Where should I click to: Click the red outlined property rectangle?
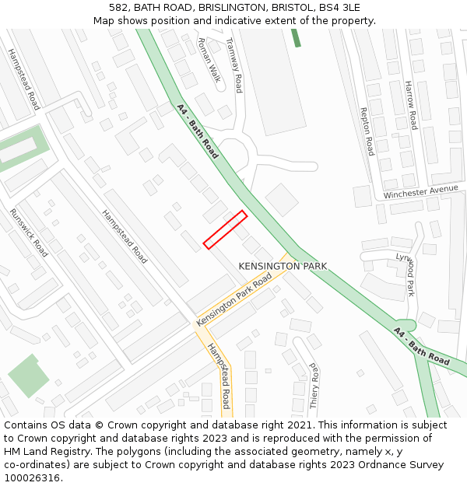pyautogui.click(x=226, y=229)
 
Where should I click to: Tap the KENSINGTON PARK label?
pyautogui.click(x=283, y=267)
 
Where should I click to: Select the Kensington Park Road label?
pyautogui.click(x=234, y=299)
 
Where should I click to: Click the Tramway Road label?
pyautogui.click(x=233, y=65)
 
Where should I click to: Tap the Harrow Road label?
pyautogui.click(x=410, y=105)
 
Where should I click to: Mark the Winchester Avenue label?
pyautogui.click(x=420, y=191)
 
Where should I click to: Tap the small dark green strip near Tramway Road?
pyautogui.click(x=296, y=37)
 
